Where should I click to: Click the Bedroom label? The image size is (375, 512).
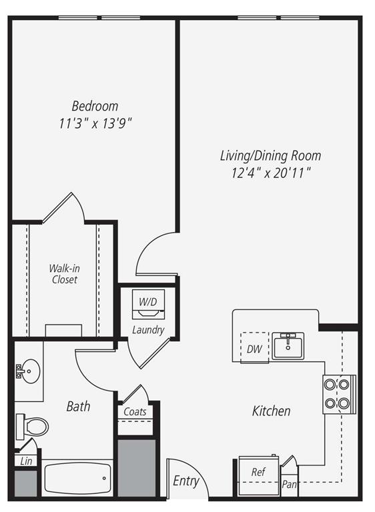(95, 106)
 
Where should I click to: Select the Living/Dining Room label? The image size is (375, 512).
(270, 156)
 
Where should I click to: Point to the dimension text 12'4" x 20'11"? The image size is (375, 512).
(270, 173)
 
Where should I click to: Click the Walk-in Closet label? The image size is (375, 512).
(63, 274)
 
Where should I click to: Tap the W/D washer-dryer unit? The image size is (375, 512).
(147, 304)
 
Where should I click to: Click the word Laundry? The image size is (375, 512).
(147, 329)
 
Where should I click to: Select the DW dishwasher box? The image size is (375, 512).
(254, 348)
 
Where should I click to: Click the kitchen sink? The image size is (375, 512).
(288, 345)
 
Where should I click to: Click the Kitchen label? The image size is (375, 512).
(271, 411)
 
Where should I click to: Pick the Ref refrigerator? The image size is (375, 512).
(258, 473)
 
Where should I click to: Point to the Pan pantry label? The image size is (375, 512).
(289, 485)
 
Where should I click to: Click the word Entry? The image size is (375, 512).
(185, 481)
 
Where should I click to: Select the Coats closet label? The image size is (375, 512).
(135, 412)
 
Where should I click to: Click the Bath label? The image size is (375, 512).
(78, 406)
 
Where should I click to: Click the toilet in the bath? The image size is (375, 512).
(33, 425)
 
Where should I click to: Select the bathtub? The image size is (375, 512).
(77, 478)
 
